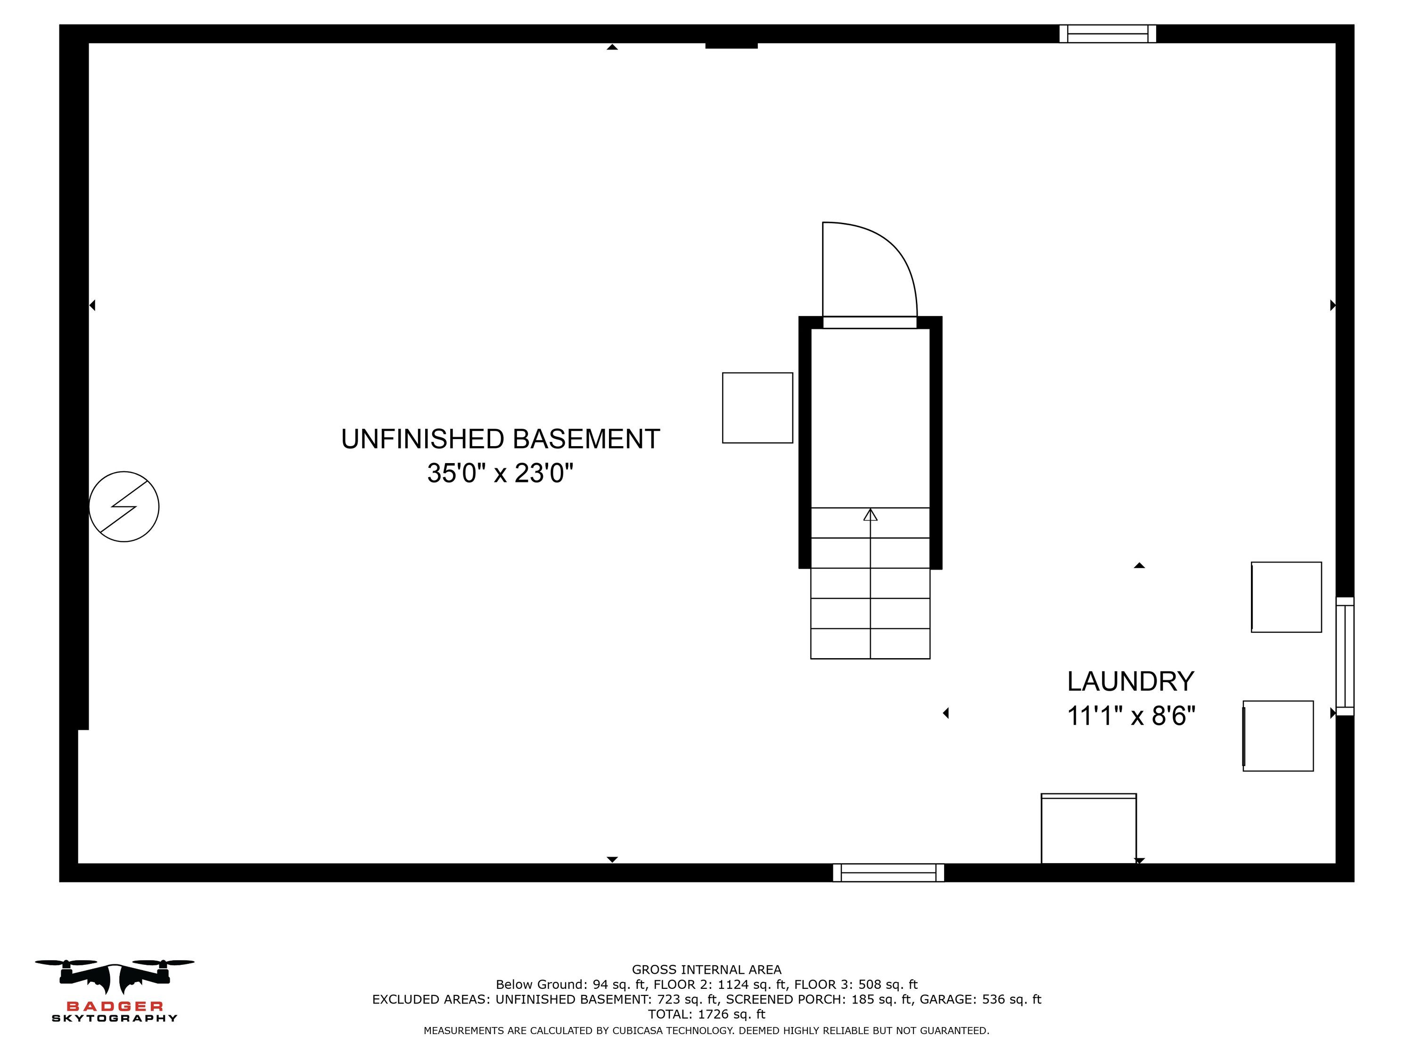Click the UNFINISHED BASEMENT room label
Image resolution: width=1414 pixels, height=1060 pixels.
[500, 439]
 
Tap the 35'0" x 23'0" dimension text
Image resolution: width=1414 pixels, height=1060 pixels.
[500, 473]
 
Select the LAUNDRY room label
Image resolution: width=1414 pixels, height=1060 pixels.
[1130, 681]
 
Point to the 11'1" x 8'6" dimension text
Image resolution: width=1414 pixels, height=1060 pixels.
[1131, 716]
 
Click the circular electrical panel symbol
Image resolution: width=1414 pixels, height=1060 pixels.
[123, 506]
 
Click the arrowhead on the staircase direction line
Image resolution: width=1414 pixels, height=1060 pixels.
[870, 514]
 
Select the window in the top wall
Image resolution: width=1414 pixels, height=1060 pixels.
[1107, 34]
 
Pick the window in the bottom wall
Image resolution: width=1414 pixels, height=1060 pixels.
[888, 873]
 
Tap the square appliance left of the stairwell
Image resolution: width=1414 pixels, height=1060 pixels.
[757, 408]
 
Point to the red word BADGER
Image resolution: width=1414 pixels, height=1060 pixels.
[115, 1006]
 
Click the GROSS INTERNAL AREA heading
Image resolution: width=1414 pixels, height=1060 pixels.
[707, 970]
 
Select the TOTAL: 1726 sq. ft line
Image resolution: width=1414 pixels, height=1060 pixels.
[707, 1014]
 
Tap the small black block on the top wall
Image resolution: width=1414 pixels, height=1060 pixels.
[732, 45]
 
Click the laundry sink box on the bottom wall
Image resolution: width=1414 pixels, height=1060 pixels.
[1089, 829]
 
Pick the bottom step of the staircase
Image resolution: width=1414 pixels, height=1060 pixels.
[870, 644]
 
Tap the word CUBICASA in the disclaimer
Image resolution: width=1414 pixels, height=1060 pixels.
[641, 1031]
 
